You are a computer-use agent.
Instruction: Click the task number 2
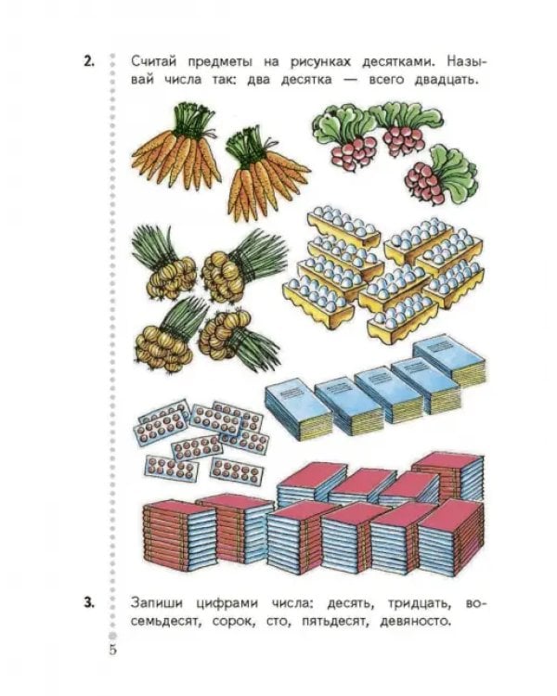[89, 61]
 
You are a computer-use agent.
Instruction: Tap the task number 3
[89, 603]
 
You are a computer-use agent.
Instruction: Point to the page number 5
[113, 650]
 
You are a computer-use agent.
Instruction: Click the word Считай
[153, 61]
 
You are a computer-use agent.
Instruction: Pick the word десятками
[398, 62]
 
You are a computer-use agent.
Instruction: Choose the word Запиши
[157, 603]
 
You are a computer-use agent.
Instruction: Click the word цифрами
[227, 604]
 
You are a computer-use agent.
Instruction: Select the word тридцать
[420, 604]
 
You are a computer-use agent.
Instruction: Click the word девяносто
[415, 622]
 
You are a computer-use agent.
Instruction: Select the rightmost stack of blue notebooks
[447, 360]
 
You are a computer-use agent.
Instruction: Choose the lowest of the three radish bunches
[440, 176]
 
